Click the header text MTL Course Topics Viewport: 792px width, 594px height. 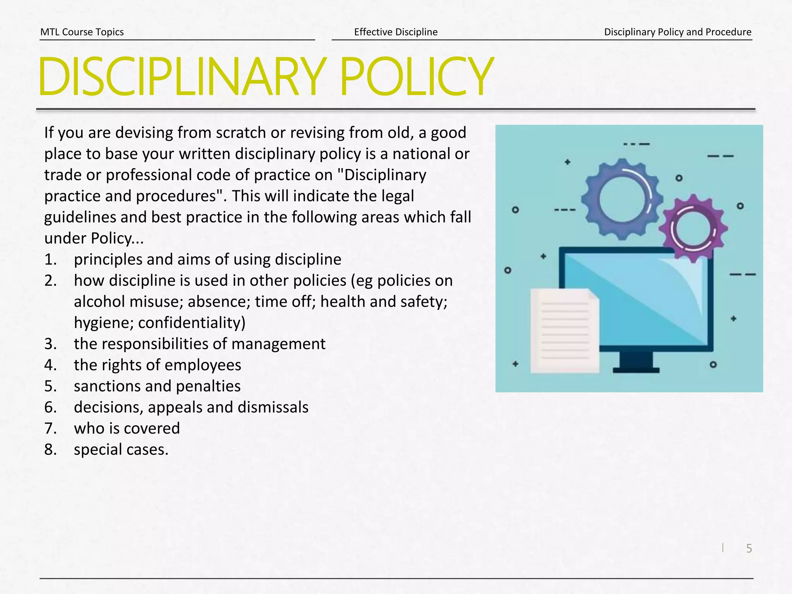point(82,32)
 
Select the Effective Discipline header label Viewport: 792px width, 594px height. point(396,32)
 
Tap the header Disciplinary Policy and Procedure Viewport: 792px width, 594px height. point(678,32)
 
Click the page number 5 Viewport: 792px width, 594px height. point(749,548)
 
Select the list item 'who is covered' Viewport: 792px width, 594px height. point(127,428)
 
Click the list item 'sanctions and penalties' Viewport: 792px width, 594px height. point(157,386)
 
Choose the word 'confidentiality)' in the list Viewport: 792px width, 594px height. point(192,323)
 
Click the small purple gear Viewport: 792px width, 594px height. point(693,228)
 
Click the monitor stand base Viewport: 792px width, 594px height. point(636,370)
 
